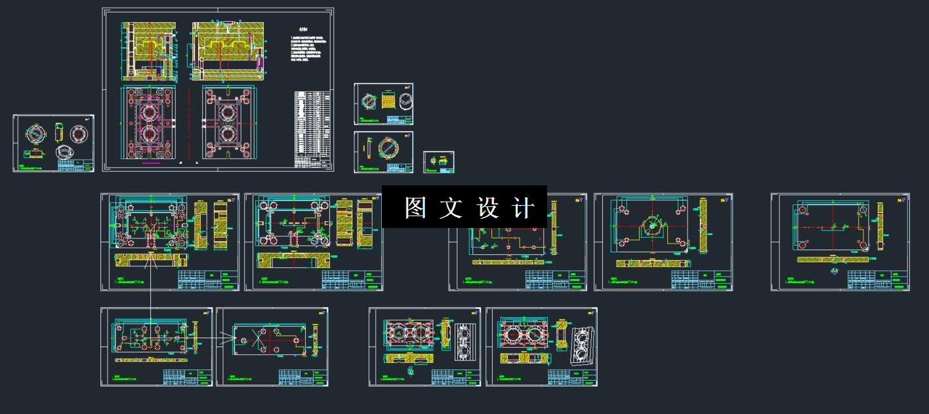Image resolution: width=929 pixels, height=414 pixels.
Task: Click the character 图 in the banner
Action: point(415,208)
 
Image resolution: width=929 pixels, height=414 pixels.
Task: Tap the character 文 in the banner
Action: point(451,208)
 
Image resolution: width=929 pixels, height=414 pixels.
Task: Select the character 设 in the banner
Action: point(487,208)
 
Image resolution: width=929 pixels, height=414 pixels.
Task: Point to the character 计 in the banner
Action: point(523,208)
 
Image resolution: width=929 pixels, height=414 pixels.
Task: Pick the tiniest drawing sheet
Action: point(439,162)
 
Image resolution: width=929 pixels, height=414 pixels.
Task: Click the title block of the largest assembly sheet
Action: point(311,161)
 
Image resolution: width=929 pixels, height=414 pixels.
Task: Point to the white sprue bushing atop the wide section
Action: point(227,26)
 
